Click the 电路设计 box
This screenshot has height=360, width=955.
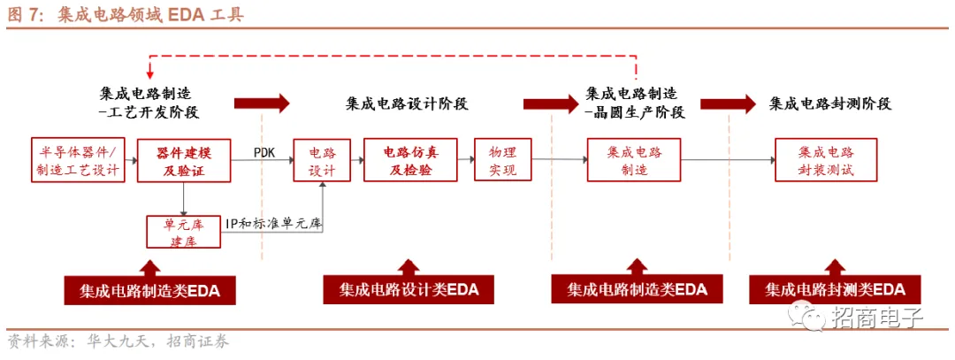pyautogui.click(x=322, y=160)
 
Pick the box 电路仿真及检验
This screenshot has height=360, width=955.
pyautogui.click(x=409, y=160)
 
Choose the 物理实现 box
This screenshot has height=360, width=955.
pyautogui.click(x=501, y=160)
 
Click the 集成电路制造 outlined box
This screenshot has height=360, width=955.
pyautogui.click(x=634, y=160)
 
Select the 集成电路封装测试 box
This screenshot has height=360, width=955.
pyautogui.click(x=826, y=160)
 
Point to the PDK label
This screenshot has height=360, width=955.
pyautogui.click(x=264, y=152)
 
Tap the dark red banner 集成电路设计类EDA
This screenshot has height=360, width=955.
pyautogui.click(x=409, y=290)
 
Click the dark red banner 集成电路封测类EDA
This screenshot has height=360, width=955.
pyautogui.click(x=835, y=289)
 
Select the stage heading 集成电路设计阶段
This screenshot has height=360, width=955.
pyautogui.click(x=407, y=104)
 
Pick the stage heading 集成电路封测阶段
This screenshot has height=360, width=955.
pyautogui.click(x=829, y=104)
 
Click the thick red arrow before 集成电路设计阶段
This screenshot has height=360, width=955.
pyautogui.click(x=262, y=103)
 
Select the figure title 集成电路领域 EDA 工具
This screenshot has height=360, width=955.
pyautogui.click(x=150, y=15)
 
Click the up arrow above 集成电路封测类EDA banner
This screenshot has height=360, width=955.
pyautogui.click(x=835, y=267)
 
